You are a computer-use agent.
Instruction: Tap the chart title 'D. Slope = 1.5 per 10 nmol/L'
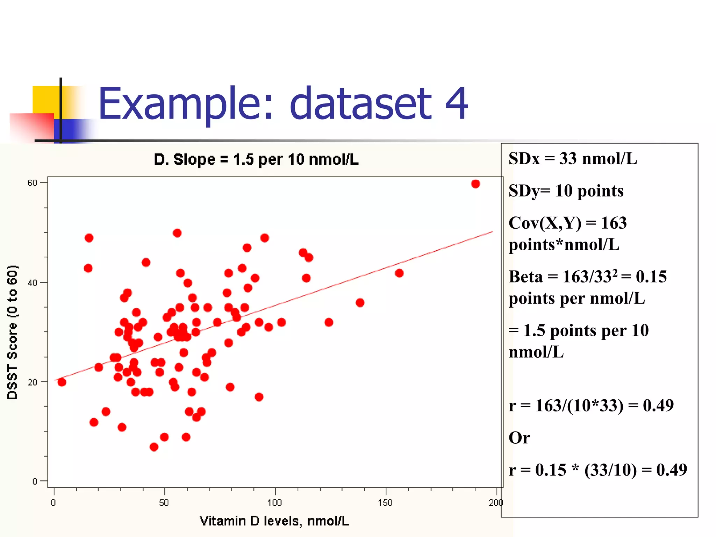(256, 160)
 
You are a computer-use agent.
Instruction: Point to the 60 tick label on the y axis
(32, 183)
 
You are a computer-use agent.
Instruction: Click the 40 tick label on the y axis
(32, 283)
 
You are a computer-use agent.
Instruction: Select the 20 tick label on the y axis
(32, 382)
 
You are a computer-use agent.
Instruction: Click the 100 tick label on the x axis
(274, 503)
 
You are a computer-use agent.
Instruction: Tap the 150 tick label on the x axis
(385, 503)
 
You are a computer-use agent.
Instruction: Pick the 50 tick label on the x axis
(164, 503)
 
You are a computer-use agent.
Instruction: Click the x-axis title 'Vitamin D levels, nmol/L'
(274, 521)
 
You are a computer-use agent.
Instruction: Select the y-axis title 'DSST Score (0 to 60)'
(12, 332)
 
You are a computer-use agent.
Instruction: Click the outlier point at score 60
(475, 184)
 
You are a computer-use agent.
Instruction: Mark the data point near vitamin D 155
(399, 273)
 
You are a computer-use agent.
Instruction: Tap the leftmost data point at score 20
(62, 382)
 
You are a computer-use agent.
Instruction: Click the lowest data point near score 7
(154, 447)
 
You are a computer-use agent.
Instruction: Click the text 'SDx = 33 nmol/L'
(573, 159)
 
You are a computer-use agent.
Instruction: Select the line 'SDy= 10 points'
(566, 191)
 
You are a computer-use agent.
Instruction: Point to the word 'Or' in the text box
(519, 438)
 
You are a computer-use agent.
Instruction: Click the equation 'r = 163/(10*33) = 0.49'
(591, 406)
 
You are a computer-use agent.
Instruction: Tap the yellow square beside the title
(45, 100)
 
